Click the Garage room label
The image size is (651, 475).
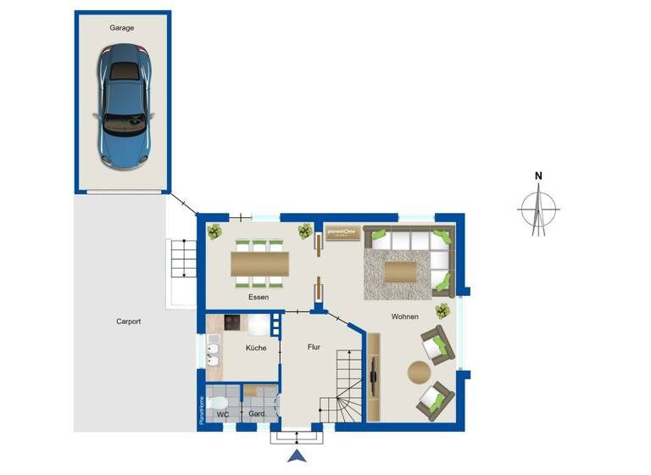pyautogui.click(x=122, y=28)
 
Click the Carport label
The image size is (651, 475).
pyautogui.click(x=128, y=321)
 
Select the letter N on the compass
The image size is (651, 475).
pyautogui.click(x=538, y=176)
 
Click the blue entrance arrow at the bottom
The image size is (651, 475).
pyautogui.click(x=297, y=458)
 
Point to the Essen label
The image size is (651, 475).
pyautogui.click(x=259, y=297)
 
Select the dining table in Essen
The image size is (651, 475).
pyautogui.click(x=259, y=264)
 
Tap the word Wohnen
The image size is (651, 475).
pyautogui.click(x=404, y=316)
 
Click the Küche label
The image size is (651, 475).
pyautogui.click(x=256, y=348)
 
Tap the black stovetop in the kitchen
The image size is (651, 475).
pyautogui.click(x=233, y=323)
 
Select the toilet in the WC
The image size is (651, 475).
pyautogui.click(x=217, y=402)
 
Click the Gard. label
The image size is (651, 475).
pyautogui.click(x=258, y=414)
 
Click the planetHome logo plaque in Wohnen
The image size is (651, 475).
pyautogui.click(x=342, y=232)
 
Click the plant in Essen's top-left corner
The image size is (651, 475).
pyautogui.click(x=215, y=231)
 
